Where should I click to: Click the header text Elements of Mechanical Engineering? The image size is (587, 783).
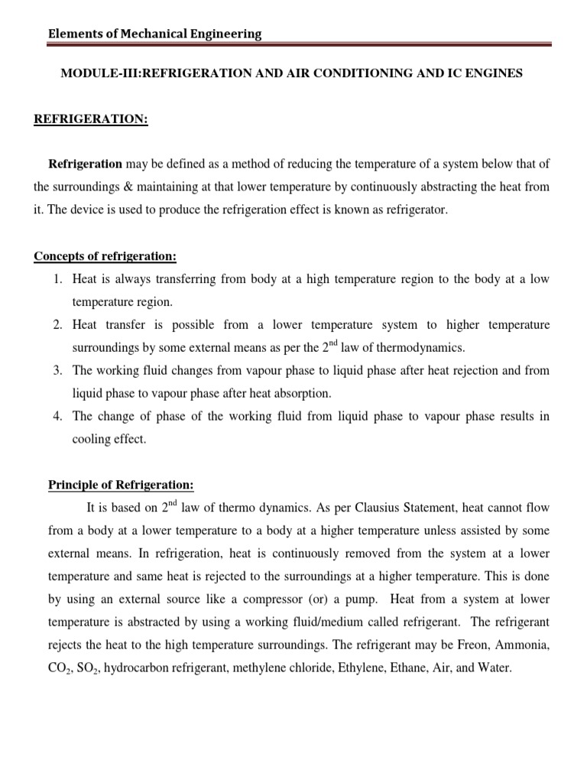[154, 34]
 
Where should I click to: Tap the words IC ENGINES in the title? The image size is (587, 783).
[486, 73]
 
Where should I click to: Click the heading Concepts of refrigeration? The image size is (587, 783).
[105, 255]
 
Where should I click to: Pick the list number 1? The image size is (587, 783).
[57, 279]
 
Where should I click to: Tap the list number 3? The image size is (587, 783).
[57, 371]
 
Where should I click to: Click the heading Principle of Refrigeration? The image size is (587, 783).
[122, 485]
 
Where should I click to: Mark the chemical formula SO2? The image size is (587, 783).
[84, 668]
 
